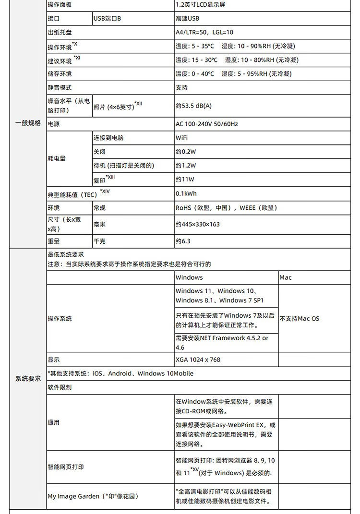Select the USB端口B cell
(x=108, y=19)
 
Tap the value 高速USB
(x=187, y=19)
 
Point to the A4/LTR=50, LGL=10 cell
(x=204, y=32)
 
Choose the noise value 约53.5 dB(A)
(x=193, y=106)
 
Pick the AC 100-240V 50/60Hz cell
(x=207, y=124)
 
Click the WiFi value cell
(x=182, y=138)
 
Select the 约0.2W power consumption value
(x=186, y=152)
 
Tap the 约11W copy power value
(x=185, y=179)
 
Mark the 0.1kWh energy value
(x=186, y=193)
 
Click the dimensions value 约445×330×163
(x=198, y=224)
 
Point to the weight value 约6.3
(x=183, y=241)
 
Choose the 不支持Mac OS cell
(x=300, y=319)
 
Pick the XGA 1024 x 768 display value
(x=198, y=359)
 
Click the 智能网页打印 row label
(x=66, y=466)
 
